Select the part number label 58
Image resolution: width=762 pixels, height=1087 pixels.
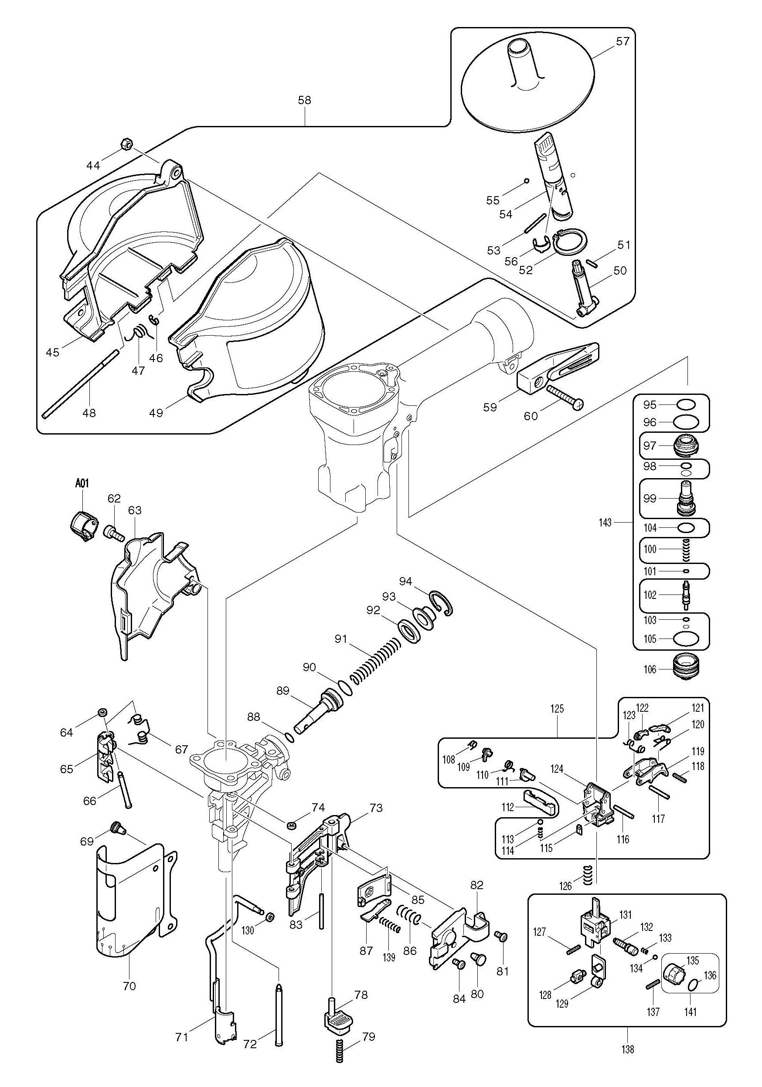point(305,100)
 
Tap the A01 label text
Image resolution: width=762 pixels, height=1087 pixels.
point(82,483)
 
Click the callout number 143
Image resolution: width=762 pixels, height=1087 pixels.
point(605,523)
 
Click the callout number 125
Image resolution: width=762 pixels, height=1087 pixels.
point(558,722)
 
